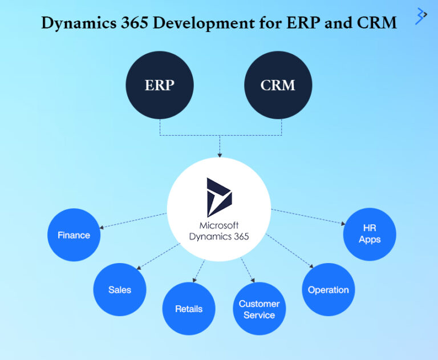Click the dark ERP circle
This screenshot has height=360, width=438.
[x=159, y=85]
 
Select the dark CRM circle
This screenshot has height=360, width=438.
[x=278, y=85]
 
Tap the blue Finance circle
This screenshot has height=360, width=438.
[x=74, y=235]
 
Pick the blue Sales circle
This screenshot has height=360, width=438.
[x=120, y=289]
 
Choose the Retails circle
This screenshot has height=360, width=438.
[x=189, y=309]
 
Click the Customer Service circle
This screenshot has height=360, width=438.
[x=259, y=309]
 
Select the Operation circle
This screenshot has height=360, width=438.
[x=328, y=289]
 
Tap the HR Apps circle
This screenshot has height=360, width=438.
[x=370, y=234]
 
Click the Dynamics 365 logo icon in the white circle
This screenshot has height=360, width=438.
[x=219, y=197]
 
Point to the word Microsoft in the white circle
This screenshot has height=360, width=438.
[x=219, y=225]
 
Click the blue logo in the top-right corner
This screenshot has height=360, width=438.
[x=421, y=15]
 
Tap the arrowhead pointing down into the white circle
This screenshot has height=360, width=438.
[x=220, y=154]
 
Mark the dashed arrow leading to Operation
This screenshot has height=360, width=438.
[x=290, y=250]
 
